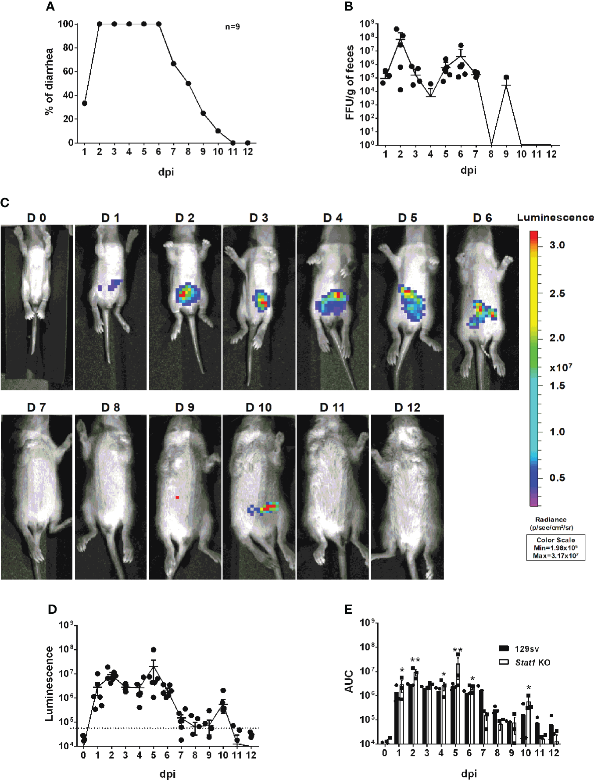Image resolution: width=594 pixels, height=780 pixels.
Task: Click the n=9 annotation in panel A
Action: [233, 27]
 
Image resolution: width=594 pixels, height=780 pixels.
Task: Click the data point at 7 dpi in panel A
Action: [173, 64]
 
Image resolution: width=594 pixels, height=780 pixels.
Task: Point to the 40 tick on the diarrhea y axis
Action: [68, 95]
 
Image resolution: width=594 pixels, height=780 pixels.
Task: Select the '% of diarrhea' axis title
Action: [49, 82]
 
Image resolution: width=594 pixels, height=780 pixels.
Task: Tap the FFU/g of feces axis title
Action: [350, 82]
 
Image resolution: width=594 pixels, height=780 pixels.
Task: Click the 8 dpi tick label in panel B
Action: [490, 154]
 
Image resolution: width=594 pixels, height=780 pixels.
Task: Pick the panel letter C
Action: [5, 203]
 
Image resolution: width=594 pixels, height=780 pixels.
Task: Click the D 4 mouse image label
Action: [333, 218]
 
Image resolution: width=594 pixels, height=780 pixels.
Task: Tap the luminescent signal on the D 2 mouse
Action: [187, 294]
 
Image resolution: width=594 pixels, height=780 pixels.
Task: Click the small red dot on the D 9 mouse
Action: [177, 497]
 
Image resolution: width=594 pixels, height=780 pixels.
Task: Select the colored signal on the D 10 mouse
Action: [265, 508]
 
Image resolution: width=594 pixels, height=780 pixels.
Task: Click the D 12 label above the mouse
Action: [407, 408]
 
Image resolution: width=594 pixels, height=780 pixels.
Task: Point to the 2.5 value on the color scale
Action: [557, 293]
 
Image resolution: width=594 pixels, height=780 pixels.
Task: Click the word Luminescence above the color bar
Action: [555, 218]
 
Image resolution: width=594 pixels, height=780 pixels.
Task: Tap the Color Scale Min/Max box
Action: [555, 547]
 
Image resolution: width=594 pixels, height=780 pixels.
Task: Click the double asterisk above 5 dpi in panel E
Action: [458, 650]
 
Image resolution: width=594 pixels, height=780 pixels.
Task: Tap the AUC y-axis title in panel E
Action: [349, 681]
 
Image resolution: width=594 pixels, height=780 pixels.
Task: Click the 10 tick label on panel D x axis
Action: [223, 755]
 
